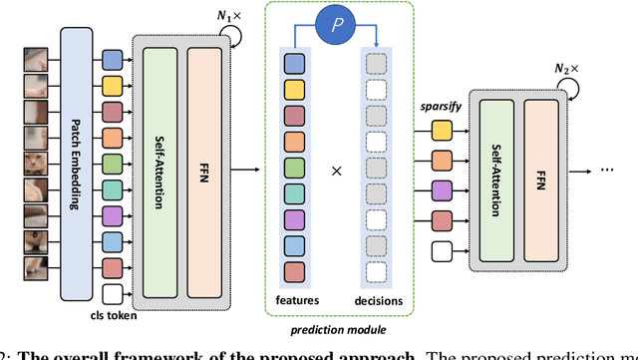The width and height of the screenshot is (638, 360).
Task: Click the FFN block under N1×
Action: tap(205, 164)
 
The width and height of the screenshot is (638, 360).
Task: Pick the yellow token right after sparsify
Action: tap(441, 130)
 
